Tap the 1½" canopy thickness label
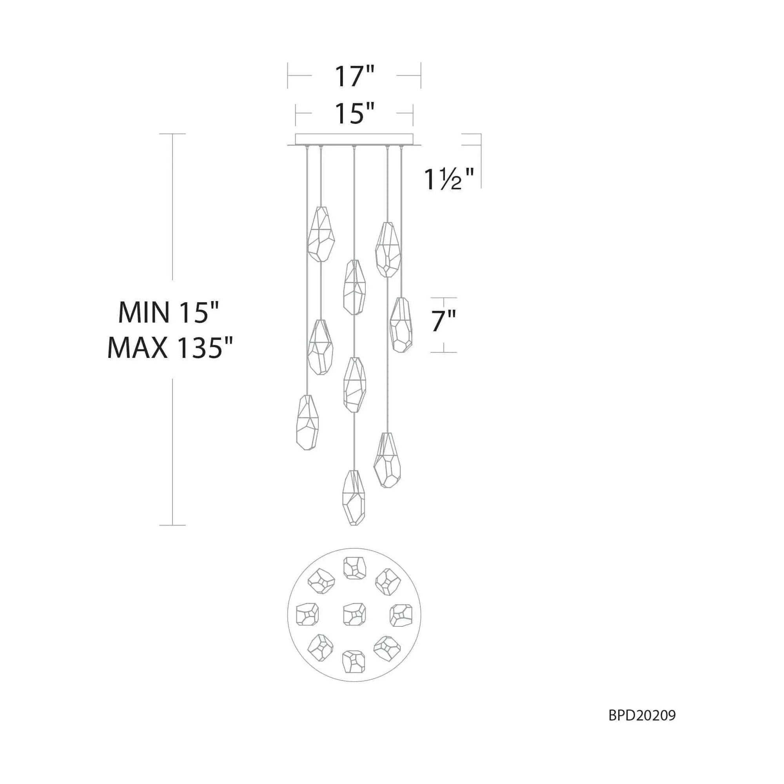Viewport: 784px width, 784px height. (449, 179)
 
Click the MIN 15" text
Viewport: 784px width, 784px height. (169, 312)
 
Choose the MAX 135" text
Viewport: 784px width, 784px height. (170, 348)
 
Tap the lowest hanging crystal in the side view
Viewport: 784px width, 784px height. (354, 497)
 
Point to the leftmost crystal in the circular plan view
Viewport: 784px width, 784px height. (307, 614)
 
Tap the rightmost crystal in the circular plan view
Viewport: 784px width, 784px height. (401, 615)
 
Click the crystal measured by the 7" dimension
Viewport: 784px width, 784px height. (401, 325)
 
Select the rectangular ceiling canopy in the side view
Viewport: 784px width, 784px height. (354, 139)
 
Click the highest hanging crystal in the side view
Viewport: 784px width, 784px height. (321, 234)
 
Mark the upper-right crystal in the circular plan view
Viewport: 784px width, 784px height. (388, 582)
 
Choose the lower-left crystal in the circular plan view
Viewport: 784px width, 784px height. (321, 648)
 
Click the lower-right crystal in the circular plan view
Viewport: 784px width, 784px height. (387, 648)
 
